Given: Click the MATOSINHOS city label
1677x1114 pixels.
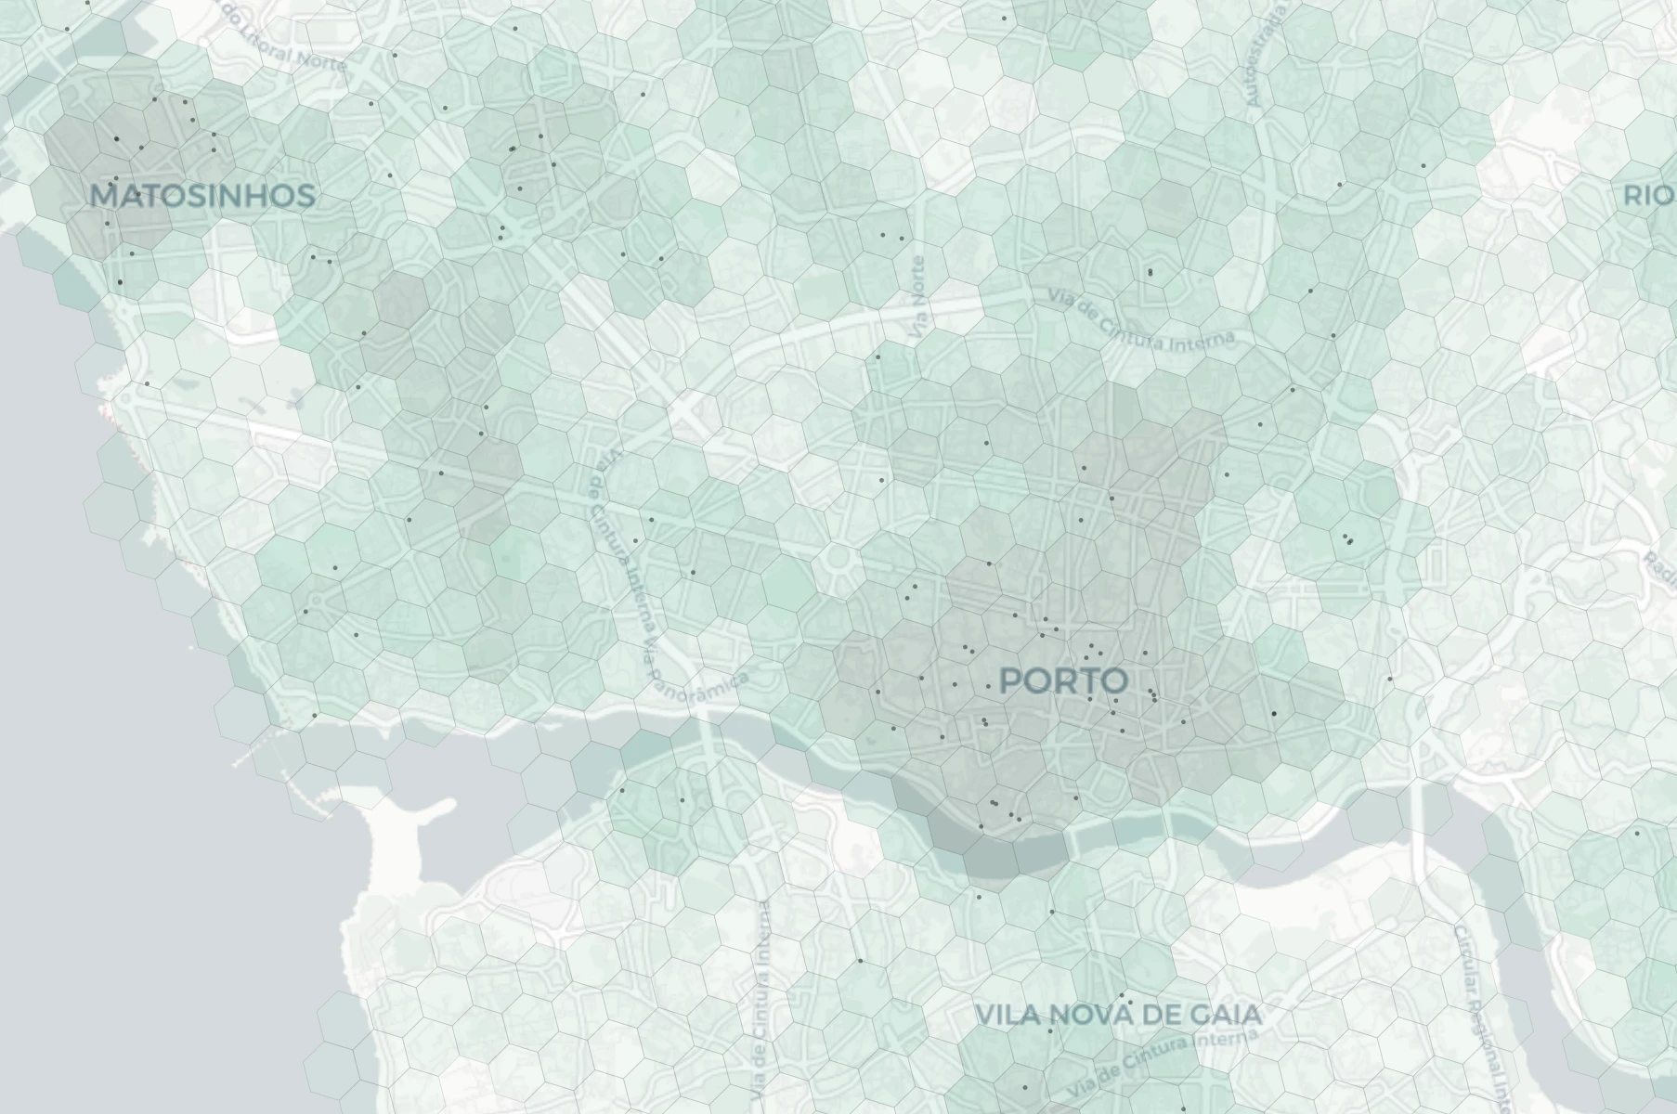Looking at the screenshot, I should point(202,196).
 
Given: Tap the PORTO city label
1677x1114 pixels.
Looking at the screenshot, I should point(1064,680).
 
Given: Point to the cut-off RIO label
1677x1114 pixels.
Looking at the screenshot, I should point(1649,196).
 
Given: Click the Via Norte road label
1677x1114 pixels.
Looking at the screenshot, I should point(919,297).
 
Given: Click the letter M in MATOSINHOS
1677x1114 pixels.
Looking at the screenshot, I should point(104,196).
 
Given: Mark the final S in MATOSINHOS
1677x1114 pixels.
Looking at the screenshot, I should point(304,196).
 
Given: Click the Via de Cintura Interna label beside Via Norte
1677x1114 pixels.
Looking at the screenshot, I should point(1142,320).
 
